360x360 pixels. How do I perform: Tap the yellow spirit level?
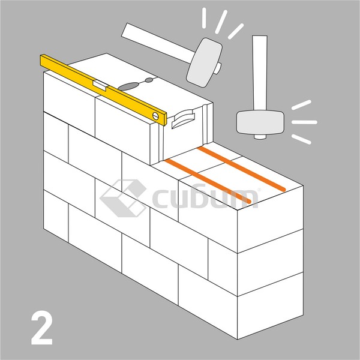[103, 90]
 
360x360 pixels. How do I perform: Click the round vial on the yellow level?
[155, 116]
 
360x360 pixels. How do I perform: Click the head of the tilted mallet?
[204, 62]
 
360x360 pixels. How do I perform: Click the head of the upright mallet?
[260, 122]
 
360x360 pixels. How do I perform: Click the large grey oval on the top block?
[128, 86]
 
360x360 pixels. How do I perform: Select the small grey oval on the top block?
[149, 80]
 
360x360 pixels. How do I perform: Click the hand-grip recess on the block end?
[183, 119]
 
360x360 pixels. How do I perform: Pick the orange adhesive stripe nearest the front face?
[208, 181]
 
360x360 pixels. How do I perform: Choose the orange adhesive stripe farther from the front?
[241, 169]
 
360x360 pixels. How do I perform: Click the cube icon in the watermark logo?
[123, 198]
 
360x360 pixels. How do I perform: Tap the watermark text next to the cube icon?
[205, 197]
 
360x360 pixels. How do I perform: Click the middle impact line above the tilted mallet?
[221, 22]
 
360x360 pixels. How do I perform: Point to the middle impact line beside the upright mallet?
[304, 122]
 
